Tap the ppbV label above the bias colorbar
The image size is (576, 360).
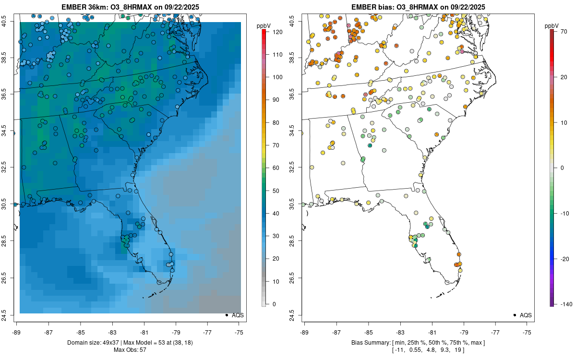pos(552,26)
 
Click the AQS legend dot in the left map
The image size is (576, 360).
pos(226,315)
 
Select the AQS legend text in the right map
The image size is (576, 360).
pos(526,315)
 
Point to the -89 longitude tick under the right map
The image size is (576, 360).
pos(305,332)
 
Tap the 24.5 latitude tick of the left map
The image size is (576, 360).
pos(9,315)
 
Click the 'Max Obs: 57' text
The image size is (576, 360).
pos(130,349)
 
